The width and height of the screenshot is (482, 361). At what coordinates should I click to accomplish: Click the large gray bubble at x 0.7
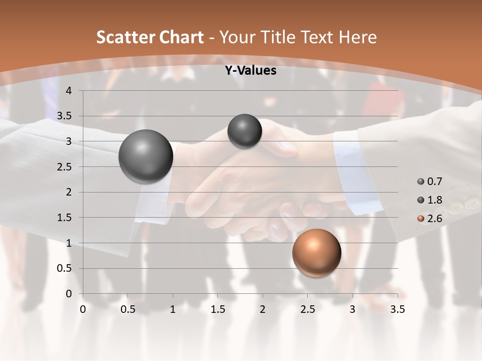[146, 156]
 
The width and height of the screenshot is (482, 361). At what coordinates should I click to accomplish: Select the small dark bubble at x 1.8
[245, 131]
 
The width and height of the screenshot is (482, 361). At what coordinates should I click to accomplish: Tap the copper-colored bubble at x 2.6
[316, 253]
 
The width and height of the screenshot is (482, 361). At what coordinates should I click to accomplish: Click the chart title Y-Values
[250, 71]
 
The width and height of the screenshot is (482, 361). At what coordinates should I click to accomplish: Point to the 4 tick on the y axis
[69, 91]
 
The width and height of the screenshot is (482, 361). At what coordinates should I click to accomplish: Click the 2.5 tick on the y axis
[65, 167]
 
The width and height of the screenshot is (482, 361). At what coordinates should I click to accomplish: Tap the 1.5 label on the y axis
[65, 218]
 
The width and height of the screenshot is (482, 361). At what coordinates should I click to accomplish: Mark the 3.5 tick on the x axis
[397, 309]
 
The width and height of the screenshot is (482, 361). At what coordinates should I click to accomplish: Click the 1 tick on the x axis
[173, 309]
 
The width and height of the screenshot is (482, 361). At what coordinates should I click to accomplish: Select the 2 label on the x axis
[263, 309]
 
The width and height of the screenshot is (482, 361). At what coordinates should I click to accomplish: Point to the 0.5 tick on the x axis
[128, 309]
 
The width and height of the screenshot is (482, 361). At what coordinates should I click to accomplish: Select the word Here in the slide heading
[357, 37]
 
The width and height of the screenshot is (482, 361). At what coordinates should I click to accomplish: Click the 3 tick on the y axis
[69, 142]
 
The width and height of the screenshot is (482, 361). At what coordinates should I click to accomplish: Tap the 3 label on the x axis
[352, 309]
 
